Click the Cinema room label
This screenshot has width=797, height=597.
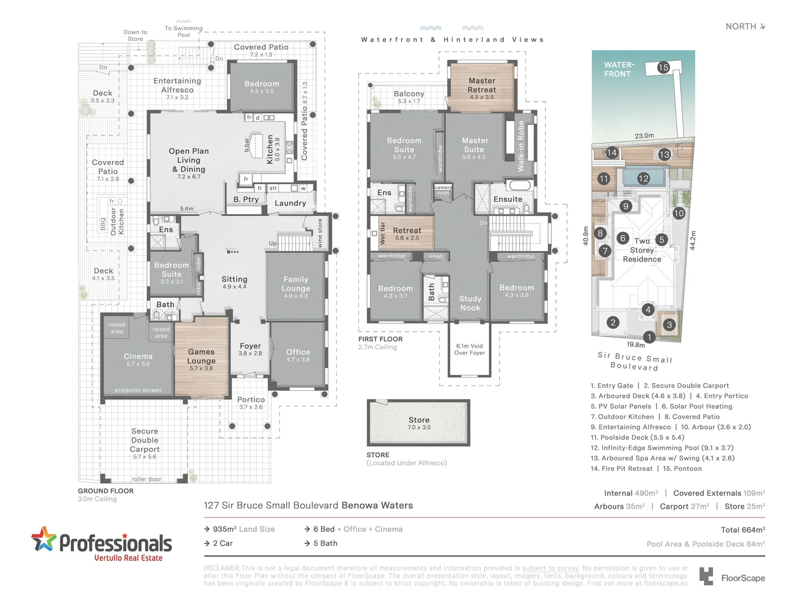pos(138,357)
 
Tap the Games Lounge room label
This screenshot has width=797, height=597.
pos(201,357)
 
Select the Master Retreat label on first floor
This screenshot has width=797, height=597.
pos(482,85)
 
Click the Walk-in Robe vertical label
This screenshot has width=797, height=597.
pos(520,146)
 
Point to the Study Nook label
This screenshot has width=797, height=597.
pos(470,303)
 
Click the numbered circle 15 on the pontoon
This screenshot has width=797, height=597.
pos(663,67)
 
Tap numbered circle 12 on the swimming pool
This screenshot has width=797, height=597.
pos(643,179)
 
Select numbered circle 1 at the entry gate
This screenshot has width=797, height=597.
pos(649,337)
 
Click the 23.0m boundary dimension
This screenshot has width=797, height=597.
pos(644,135)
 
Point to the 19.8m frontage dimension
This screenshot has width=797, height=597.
pos(635,345)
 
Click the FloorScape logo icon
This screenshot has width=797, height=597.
pos(706,576)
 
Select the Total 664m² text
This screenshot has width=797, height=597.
pos(743,530)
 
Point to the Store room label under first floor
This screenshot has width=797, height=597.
pos(419,420)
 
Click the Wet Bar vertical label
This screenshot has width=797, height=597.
pos(382,233)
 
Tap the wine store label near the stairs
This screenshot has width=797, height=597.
pos(320,233)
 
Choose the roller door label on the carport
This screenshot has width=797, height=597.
pos(147,479)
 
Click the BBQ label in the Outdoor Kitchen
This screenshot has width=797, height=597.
pos(103,224)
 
